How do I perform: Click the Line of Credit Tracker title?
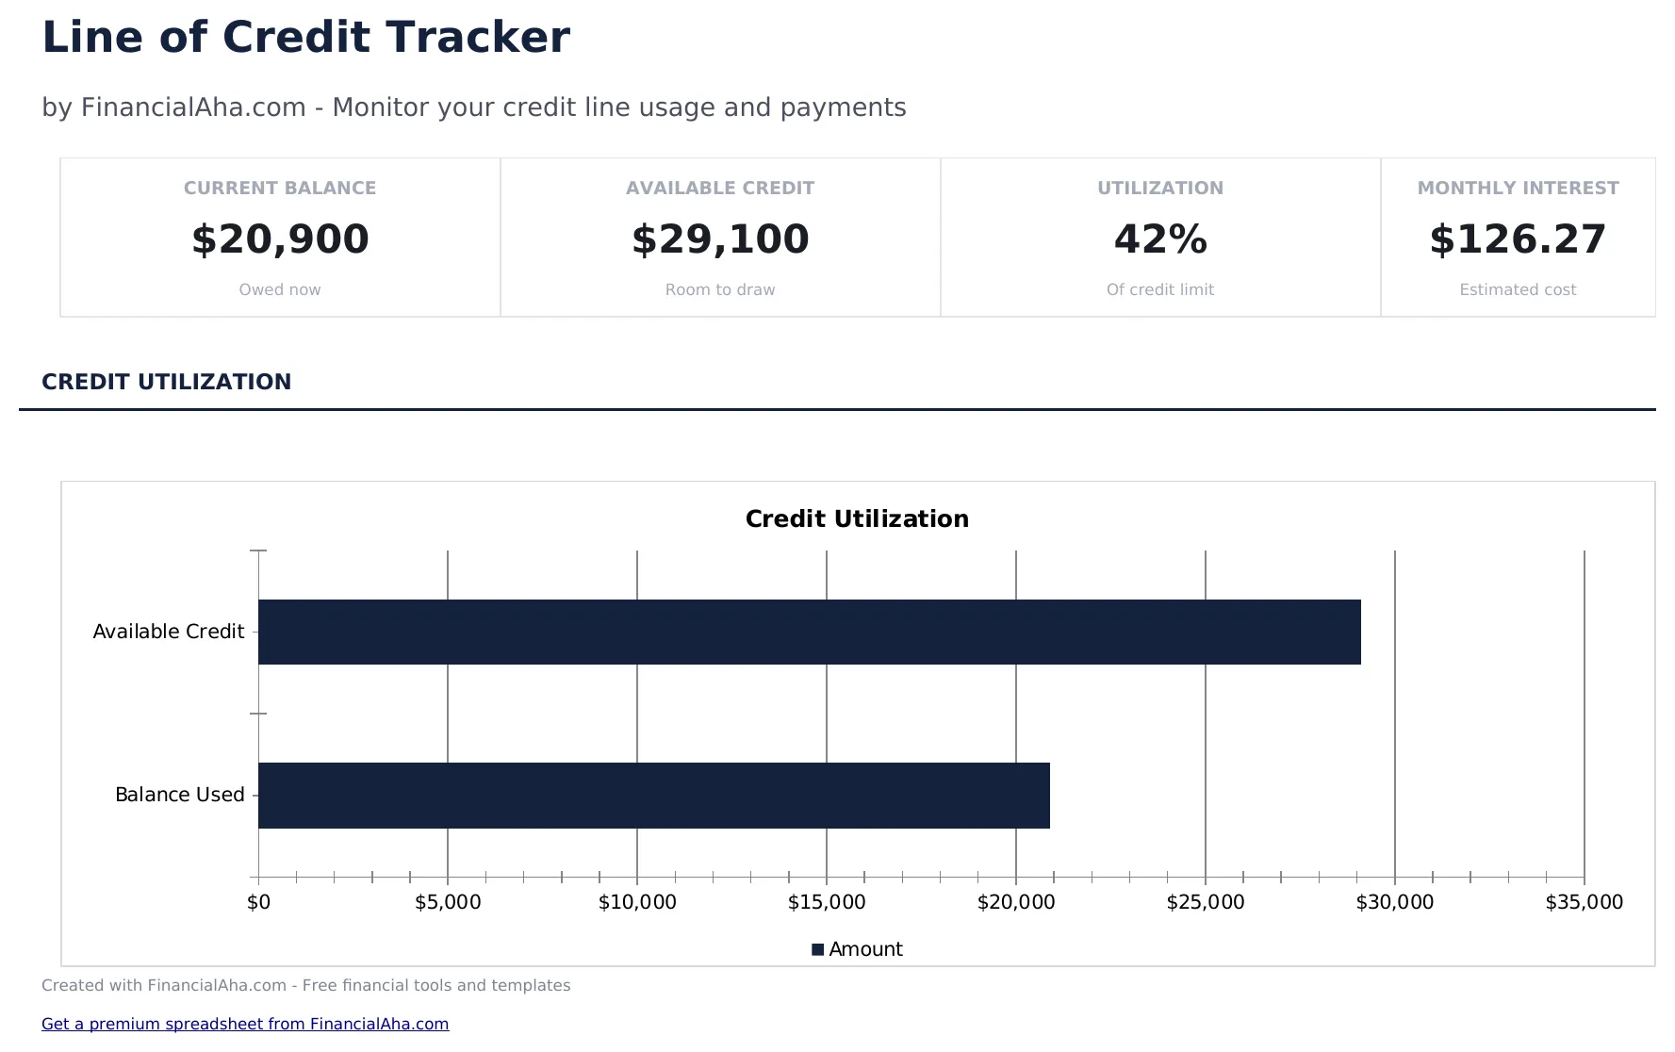[x=305, y=39]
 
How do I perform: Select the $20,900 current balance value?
[x=280, y=239]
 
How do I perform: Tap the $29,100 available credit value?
[x=720, y=239]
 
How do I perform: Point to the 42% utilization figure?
[x=1160, y=239]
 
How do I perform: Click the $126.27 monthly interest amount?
[x=1518, y=239]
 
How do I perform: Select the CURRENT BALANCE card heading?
[x=280, y=188]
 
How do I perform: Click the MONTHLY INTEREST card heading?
[x=1518, y=188]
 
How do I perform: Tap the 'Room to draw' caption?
[x=720, y=289]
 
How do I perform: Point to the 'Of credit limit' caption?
[x=1160, y=289]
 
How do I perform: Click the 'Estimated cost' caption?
[x=1518, y=289]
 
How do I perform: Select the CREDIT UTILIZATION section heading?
[x=167, y=382]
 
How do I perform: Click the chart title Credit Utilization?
[x=857, y=518]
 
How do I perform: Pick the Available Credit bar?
[x=809, y=632]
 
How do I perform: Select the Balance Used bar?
[x=653, y=795]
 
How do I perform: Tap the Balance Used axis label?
[x=179, y=795]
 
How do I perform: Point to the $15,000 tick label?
[x=827, y=902]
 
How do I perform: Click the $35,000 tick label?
[x=1584, y=902]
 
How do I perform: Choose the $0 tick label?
[x=258, y=902]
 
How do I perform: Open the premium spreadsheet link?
[x=245, y=1024]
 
